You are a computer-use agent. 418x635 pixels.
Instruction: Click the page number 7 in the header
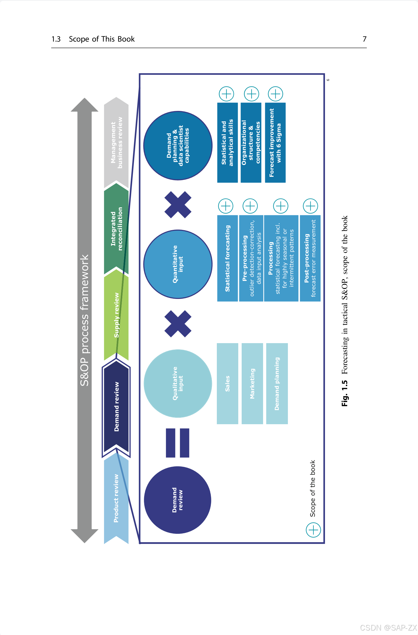364,39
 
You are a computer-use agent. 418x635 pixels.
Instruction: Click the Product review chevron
116,499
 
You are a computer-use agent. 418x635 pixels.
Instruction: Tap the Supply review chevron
117,315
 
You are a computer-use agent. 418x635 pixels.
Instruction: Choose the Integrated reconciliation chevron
117,229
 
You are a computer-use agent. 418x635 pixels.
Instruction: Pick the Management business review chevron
117,143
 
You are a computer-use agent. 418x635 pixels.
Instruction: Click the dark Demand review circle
178,500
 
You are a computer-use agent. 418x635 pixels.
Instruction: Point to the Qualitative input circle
178,383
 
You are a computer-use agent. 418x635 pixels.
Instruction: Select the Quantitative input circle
178,264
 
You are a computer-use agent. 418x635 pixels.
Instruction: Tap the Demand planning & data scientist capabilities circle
178,146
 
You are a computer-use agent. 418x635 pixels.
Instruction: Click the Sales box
227,383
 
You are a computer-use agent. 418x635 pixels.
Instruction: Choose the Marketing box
252,383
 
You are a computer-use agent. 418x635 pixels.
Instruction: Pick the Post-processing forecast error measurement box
310,258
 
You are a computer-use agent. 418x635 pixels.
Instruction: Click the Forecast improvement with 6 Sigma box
275,143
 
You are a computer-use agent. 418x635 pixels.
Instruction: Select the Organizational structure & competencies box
251,143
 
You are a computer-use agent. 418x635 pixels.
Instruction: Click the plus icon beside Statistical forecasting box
225,206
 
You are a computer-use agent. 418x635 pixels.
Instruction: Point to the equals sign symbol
178,443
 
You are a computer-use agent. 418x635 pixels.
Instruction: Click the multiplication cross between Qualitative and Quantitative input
178,324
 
